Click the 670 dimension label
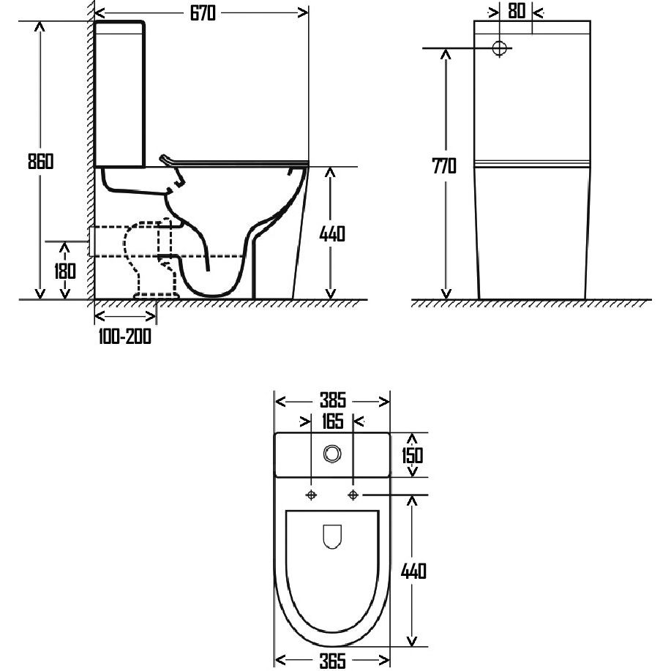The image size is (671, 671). (203, 13)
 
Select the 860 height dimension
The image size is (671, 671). (41, 161)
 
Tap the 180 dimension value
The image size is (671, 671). (65, 271)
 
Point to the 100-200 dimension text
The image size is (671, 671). (124, 337)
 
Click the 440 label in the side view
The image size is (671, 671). (332, 233)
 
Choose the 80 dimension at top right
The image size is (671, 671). (517, 12)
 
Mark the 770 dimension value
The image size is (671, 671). (444, 166)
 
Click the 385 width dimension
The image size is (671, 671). (332, 400)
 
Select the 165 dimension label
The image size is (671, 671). (332, 421)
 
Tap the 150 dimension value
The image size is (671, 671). (412, 455)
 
